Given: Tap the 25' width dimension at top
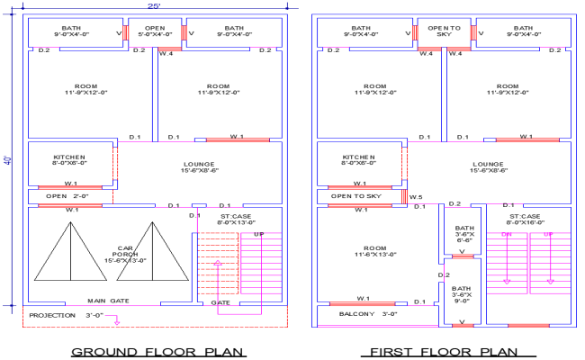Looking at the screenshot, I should tap(155, 5).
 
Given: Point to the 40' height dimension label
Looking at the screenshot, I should tap(7, 162).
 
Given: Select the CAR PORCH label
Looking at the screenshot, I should tap(125, 256).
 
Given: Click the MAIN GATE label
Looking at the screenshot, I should tap(109, 301).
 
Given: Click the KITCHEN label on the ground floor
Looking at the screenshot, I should tap(69, 159).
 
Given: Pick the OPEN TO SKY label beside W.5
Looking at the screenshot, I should tap(355, 195).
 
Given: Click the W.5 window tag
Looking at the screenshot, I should tap(414, 196).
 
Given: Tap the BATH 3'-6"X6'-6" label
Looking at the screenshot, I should tap(463, 234).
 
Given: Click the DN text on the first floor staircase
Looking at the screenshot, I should tap(506, 235).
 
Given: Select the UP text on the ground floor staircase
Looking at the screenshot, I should tap(259, 235).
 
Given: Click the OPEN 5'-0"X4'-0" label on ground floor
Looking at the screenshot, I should tap(155, 31).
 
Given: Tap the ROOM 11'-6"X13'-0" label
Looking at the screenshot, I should tap(369, 252).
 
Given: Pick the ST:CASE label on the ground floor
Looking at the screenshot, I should tap(238, 219).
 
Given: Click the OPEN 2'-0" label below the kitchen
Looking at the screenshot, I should tap(67, 195).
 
